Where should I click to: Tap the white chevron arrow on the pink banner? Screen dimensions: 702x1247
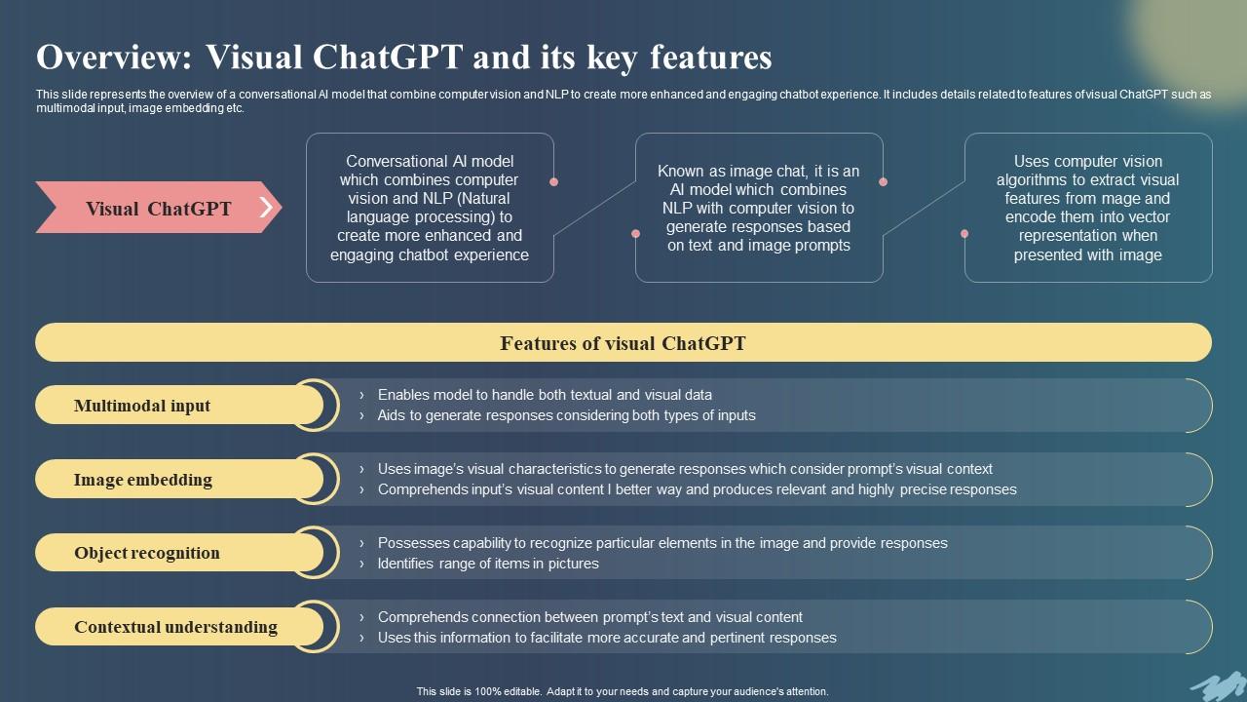tap(266, 207)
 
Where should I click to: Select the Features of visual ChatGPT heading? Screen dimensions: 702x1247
tap(623, 343)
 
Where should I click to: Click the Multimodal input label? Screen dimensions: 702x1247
tap(142, 406)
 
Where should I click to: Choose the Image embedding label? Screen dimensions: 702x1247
tap(142, 480)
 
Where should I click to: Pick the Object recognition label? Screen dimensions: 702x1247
tap(147, 553)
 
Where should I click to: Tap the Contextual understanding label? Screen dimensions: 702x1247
tap(175, 627)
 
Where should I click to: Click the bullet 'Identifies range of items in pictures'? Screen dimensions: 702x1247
tap(488, 564)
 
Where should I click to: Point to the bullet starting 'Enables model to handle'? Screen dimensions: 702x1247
tap(545, 395)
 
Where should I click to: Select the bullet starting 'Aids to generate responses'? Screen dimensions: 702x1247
tap(566, 415)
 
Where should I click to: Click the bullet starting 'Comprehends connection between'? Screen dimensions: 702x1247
tap(589, 617)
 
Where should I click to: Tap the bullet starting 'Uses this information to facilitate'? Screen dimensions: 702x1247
tap(607, 638)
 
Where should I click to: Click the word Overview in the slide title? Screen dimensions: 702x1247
tap(113, 58)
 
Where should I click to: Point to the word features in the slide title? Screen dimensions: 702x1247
tap(707, 58)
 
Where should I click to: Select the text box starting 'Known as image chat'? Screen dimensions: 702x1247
tap(759, 209)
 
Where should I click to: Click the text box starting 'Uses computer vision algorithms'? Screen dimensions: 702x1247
tap(1087, 209)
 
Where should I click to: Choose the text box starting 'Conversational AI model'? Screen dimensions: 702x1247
tap(430, 209)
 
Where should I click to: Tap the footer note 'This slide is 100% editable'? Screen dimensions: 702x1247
tap(623, 691)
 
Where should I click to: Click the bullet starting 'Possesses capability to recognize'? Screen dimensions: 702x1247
tap(662, 543)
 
